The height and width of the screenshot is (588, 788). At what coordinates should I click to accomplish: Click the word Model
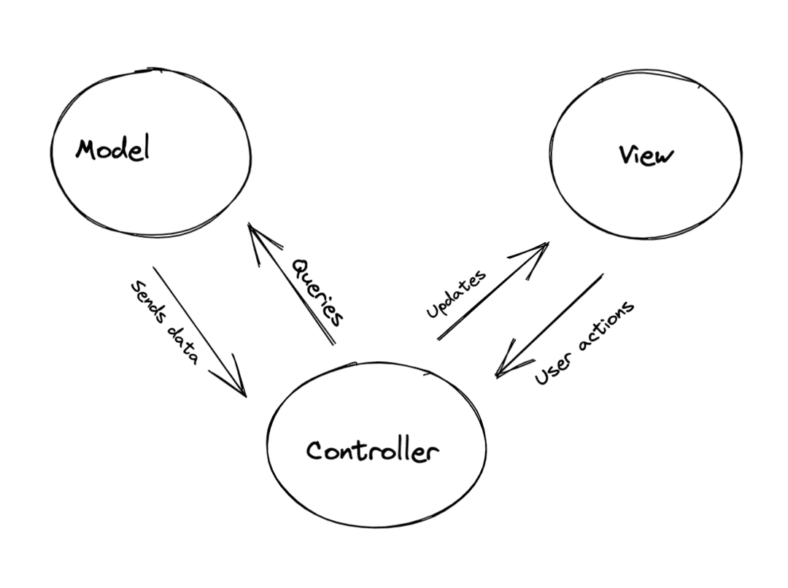112,149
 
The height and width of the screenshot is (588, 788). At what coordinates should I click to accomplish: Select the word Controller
372,450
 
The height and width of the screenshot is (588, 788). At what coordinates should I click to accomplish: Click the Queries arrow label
317,293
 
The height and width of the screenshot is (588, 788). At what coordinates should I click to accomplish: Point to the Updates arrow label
456,294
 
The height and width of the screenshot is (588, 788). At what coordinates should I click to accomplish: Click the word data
183,346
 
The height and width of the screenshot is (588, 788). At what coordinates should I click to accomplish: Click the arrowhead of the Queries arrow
250,225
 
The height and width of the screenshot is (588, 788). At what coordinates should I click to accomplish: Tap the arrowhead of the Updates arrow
546,244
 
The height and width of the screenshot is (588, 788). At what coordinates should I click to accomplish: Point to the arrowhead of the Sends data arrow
244,395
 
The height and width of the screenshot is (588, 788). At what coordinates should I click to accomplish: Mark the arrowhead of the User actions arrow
498,375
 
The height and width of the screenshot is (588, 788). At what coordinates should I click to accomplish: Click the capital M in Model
85,150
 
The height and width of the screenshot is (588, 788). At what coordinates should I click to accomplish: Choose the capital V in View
626,155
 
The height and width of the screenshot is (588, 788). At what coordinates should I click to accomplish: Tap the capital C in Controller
314,450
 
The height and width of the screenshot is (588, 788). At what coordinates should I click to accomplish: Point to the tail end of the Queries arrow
334,344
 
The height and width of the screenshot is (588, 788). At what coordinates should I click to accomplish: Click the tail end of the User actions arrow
603,274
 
